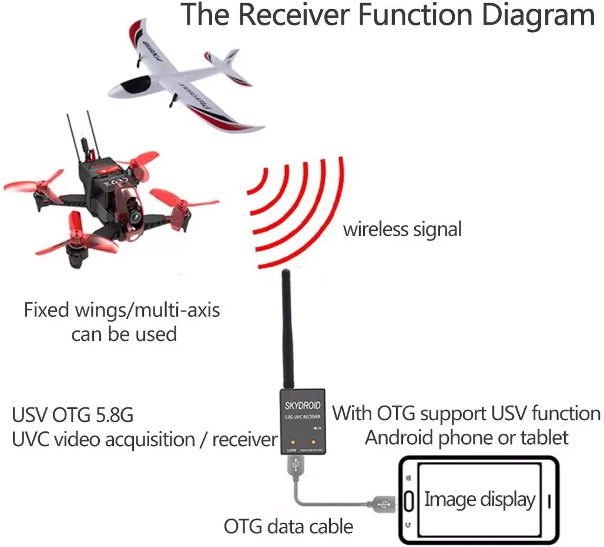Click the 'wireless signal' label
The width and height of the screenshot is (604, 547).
point(402,229)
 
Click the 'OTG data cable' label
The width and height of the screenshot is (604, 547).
point(288,526)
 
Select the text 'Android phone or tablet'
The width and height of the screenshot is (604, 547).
point(467,437)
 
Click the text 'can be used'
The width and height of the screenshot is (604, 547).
point(124,334)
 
